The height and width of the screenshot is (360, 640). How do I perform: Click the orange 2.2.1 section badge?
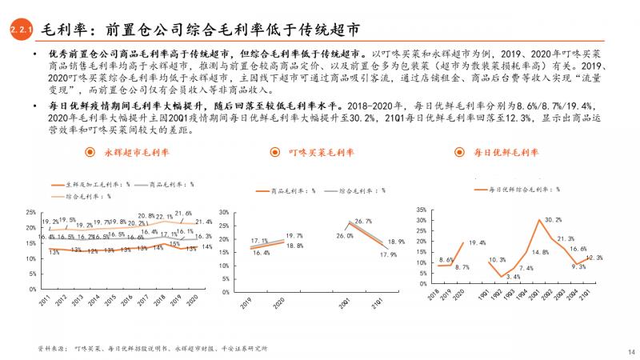[x=20, y=30]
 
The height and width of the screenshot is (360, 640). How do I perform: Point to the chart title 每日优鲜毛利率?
[x=502, y=152]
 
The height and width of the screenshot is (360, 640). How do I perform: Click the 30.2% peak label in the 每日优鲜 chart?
[x=553, y=219]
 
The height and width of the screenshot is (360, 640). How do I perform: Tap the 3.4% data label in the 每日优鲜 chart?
[x=513, y=277]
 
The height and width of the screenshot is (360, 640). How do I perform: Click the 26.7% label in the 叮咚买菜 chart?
[x=364, y=220]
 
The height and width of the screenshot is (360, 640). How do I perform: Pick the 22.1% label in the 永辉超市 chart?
[x=164, y=216]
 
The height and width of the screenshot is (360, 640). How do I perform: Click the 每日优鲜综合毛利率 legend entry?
[x=523, y=190]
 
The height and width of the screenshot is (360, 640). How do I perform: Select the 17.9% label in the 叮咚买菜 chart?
[x=389, y=254]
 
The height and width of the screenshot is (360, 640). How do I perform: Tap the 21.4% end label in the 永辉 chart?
[x=203, y=222]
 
